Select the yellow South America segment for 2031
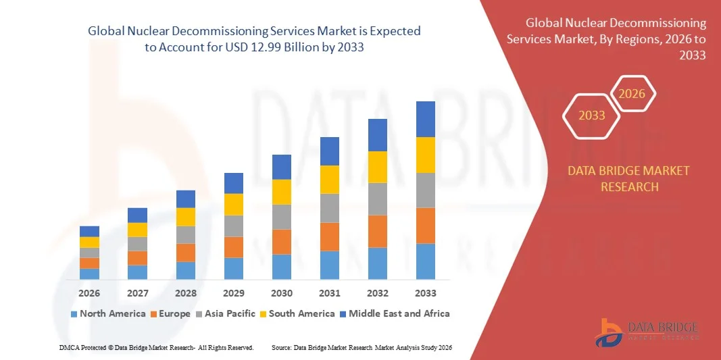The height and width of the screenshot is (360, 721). pos(329,180)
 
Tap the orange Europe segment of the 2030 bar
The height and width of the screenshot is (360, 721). pos(281,241)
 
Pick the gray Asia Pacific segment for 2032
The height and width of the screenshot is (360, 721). pos(377,199)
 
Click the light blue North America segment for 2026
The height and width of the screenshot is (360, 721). pos(89,274)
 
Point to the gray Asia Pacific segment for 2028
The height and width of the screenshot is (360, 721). pos(185,234)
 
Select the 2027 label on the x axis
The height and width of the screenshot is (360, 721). pos(137,293)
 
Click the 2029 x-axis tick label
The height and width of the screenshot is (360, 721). pos(233,293)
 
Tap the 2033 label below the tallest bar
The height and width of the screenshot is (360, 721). pos(425,293)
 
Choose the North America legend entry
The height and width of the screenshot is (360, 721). pos(107,313)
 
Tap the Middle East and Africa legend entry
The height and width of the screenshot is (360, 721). pos(394,313)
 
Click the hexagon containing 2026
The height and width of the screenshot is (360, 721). pos(632,94)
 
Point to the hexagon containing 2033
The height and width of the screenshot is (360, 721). pos(592,115)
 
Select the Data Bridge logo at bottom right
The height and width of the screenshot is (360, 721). pos(648,331)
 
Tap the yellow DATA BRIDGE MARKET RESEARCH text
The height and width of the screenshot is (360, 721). pos(629,178)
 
